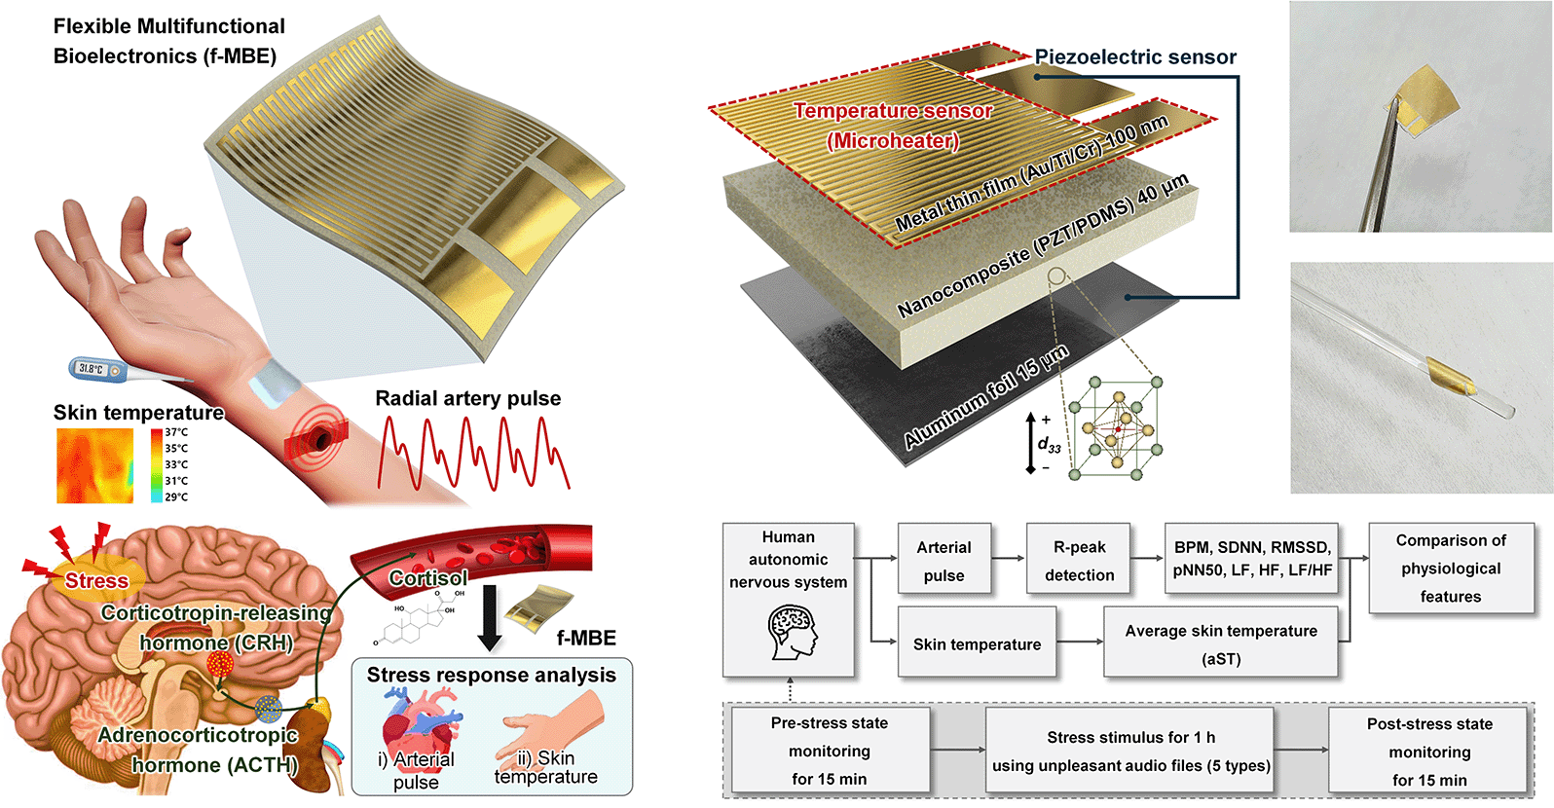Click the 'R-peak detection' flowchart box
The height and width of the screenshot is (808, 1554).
(1079, 561)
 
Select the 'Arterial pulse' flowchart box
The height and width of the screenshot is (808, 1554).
(943, 561)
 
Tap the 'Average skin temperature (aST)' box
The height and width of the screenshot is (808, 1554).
(1221, 643)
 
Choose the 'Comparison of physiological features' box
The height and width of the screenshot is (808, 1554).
(1450, 569)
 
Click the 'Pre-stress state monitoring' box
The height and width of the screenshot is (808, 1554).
(829, 751)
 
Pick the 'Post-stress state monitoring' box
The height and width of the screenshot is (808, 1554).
(1428, 752)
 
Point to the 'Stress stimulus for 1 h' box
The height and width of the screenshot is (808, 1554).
(1130, 751)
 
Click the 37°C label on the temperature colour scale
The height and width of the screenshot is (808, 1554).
(176, 432)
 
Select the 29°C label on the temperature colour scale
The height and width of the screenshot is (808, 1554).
(176, 496)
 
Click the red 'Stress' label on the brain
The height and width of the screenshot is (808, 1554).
(96, 581)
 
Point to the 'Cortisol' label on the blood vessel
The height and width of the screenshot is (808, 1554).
(428, 578)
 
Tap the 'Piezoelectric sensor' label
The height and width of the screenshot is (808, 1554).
(1134, 57)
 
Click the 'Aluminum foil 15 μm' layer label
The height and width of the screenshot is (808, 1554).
(985, 397)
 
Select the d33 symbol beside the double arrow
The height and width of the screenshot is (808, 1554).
(1049, 445)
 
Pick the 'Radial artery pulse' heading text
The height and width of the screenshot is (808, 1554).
(467, 398)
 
